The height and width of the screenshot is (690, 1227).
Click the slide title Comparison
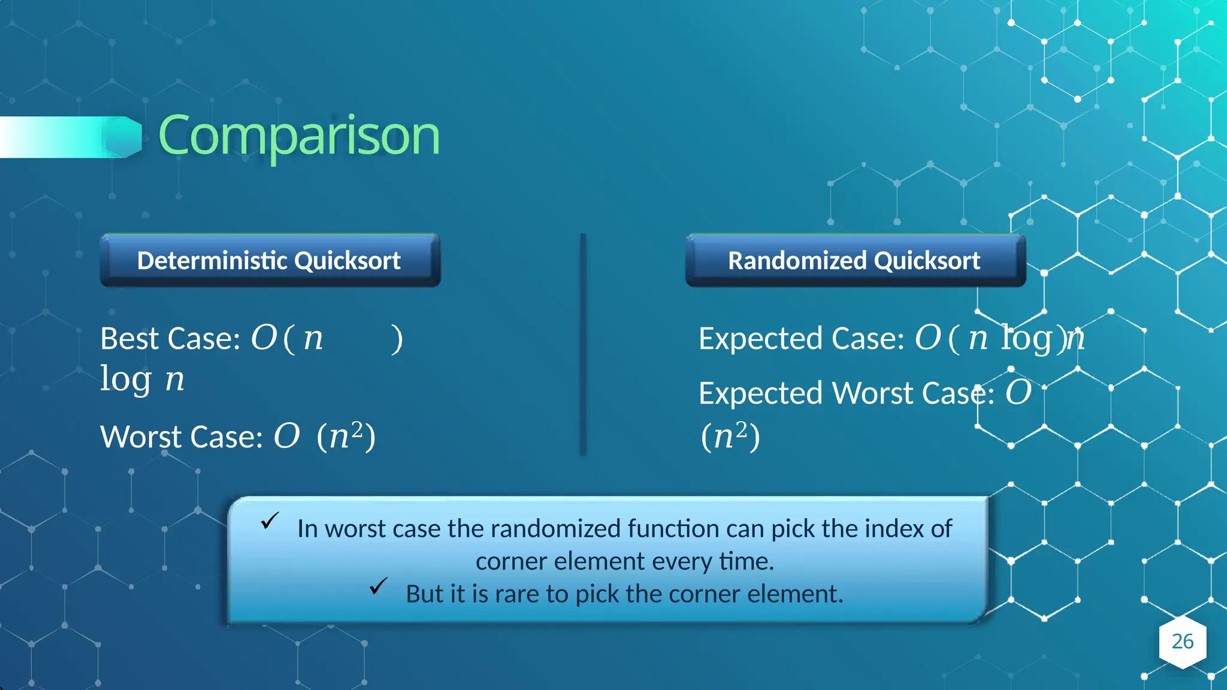point(298,137)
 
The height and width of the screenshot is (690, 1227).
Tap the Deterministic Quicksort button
point(270,261)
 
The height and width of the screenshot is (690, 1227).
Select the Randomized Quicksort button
point(855,261)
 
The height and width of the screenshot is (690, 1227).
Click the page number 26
point(1182,641)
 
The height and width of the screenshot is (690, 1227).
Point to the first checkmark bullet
point(270,520)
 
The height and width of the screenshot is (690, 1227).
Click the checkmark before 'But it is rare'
point(379,586)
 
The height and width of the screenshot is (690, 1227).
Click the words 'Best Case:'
point(170,339)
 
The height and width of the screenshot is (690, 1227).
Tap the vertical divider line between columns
point(583,344)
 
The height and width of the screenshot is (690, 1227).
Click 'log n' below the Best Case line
point(142,379)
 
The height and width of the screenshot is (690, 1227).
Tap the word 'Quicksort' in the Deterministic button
point(347,261)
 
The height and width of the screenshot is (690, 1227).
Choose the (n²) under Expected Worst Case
point(730,436)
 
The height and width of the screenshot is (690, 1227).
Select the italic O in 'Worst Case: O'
point(286,435)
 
